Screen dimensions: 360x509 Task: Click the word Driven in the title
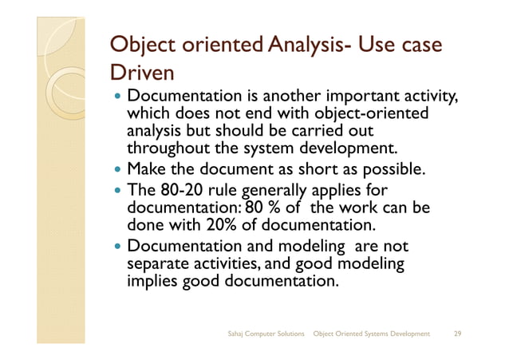tap(141, 73)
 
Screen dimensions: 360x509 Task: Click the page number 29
tap(457, 332)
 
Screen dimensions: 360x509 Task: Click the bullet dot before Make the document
tap(118, 170)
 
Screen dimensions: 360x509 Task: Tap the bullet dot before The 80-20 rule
tap(118, 191)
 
